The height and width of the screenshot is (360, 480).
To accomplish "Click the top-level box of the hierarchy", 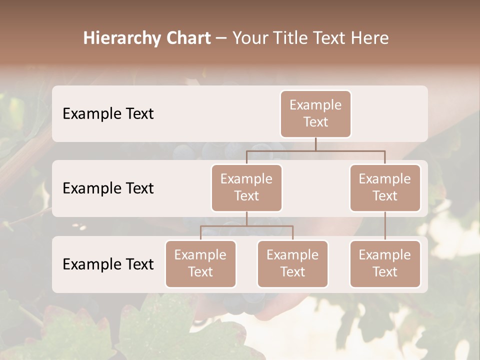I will click(315, 113).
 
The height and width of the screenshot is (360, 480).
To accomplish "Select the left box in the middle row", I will click(246, 187).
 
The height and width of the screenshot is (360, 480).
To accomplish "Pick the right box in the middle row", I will click(385, 187).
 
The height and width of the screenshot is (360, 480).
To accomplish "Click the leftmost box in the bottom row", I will click(200, 263).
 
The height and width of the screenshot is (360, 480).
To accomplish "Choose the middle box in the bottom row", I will click(292, 263).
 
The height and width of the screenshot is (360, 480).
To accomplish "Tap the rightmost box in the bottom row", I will click(385, 263).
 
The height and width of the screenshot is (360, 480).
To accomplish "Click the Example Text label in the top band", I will click(108, 113).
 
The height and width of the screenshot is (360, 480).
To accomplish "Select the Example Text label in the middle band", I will click(108, 188).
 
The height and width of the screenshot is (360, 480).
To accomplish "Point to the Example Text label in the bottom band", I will click(108, 264).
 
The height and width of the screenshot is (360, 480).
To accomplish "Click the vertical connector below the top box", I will click(315, 144).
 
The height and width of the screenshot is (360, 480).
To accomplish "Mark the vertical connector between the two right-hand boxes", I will click(385, 226).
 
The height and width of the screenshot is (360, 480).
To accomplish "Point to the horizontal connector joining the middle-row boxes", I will click(315, 150).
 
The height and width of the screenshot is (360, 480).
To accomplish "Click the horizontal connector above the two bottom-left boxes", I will click(246, 226).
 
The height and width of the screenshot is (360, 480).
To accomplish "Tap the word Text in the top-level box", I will click(315, 122).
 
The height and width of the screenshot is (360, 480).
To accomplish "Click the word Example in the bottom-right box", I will click(385, 255).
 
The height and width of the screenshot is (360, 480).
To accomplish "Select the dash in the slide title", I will click(221, 38).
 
